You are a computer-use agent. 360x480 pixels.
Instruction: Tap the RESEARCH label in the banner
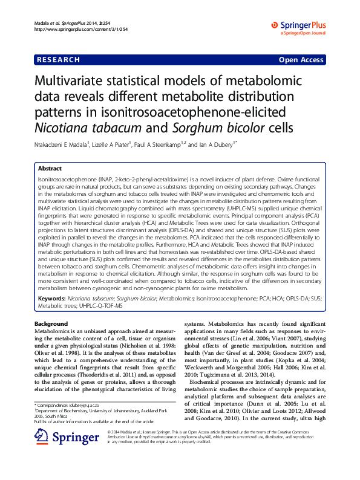pyautogui.click(x=59, y=60)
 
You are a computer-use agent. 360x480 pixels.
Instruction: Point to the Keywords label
pyautogui.click(x=52, y=299)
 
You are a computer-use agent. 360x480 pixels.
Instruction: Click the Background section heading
pyautogui.click(x=51, y=325)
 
